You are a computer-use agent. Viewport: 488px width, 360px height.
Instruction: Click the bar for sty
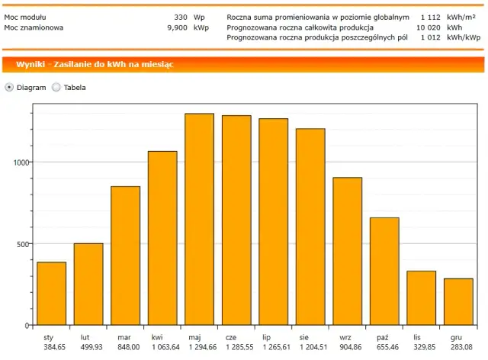coord(51,294)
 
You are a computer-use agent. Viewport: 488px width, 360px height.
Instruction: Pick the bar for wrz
coord(347,251)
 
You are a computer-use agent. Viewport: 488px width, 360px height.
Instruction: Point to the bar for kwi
coord(162,238)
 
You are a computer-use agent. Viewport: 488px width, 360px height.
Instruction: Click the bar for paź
coord(384,272)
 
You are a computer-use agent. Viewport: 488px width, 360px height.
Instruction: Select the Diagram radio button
coord(9,87)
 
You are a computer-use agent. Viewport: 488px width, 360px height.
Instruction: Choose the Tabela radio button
coord(56,87)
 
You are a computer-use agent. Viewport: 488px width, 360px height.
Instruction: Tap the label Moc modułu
coord(26,16)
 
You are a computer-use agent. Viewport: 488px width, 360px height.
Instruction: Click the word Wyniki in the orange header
coord(29,65)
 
